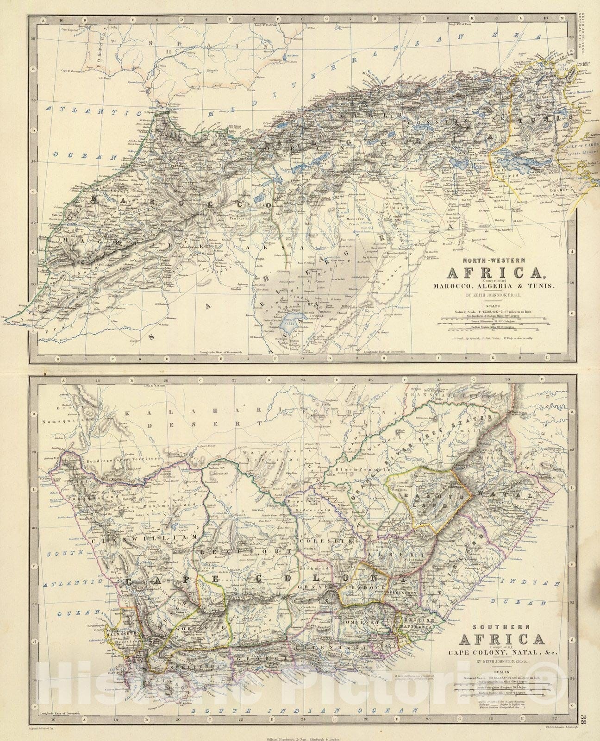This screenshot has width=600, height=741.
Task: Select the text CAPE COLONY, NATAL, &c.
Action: (x=500, y=653)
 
